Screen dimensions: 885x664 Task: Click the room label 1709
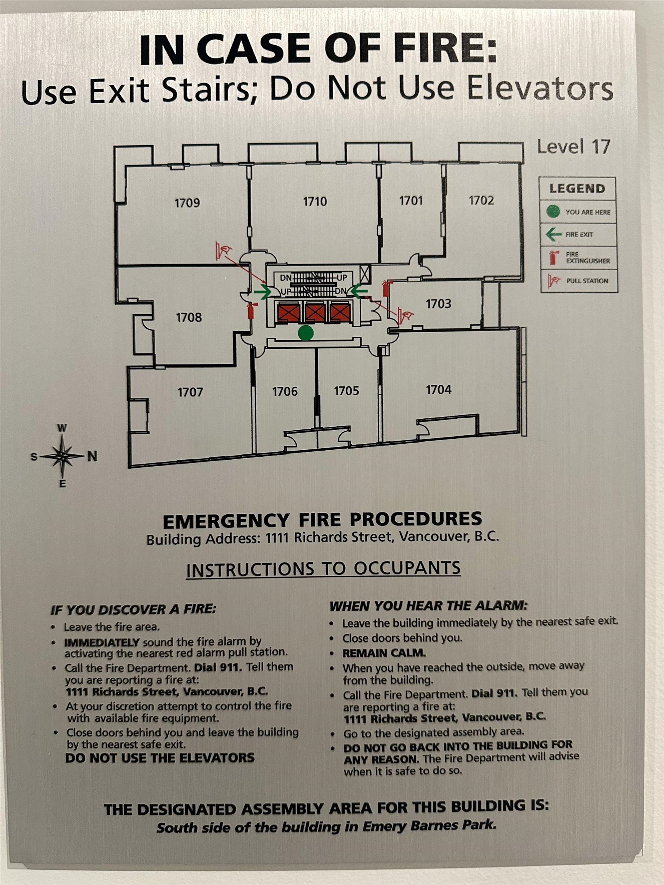point(187,203)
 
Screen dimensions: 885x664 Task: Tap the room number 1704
point(439,389)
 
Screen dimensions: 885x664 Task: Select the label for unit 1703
point(438,304)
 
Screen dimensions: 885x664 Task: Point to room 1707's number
point(190,392)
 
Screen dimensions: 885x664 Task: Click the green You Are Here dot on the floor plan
point(306,333)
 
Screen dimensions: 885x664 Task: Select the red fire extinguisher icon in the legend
point(554,257)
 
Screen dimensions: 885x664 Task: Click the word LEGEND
point(577,189)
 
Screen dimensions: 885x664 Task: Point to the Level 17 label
point(573,147)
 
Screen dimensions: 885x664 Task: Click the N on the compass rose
point(93,456)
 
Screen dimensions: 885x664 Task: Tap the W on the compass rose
point(62,428)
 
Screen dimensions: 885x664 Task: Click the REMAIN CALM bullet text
point(384,653)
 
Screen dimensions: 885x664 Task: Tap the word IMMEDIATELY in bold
point(102,643)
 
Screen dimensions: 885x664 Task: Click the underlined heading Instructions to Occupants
point(324,569)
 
